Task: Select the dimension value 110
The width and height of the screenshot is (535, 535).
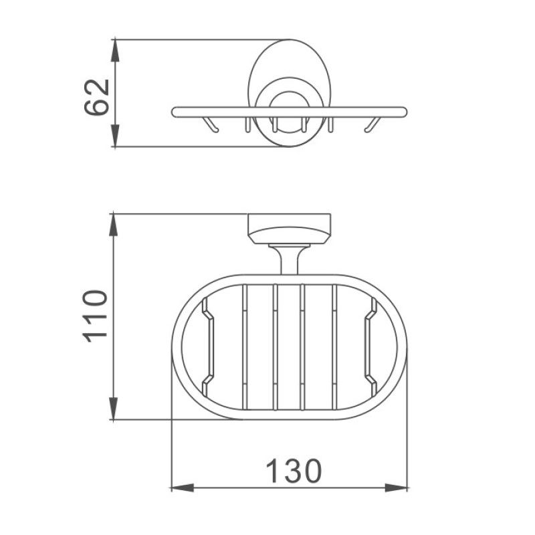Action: [x=96, y=316]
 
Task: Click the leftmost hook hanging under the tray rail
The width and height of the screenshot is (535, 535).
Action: [x=211, y=125]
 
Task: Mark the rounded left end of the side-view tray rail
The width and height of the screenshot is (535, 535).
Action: [x=175, y=112]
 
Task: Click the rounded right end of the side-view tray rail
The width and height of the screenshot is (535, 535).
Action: [x=403, y=112]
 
